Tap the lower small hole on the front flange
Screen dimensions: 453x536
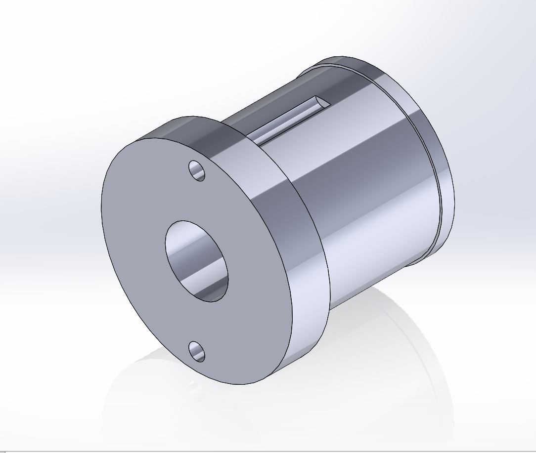pos(197,351)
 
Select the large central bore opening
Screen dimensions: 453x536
pos(196,261)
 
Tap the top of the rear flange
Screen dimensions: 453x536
pos(356,62)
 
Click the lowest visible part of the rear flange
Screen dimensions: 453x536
pos(435,249)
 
